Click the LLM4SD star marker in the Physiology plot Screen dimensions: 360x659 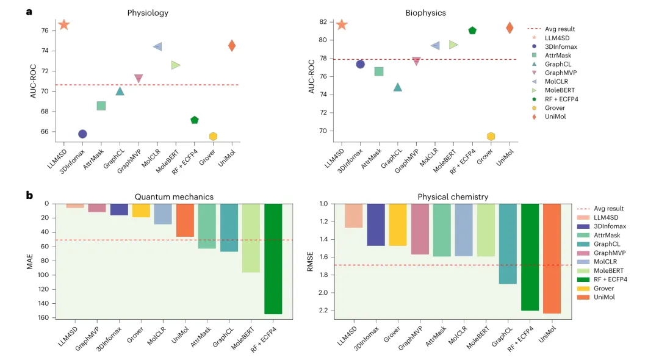click(x=64, y=24)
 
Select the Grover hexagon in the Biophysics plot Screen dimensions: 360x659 click(x=491, y=136)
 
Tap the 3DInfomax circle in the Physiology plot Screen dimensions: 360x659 click(x=82, y=134)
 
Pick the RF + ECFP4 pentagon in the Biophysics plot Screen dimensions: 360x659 click(x=472, y=31)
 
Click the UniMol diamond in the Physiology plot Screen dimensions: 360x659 click(x=232, y=45)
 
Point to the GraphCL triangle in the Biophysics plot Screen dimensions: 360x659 click(x=398, y=87)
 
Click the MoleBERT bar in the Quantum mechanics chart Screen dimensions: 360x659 click(x=251, y=238)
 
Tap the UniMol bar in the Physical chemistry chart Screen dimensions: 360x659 click(x=552, y=259)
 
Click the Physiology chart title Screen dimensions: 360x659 click(x=148, y=12)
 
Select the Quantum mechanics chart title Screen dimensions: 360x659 click(x=174, y=196)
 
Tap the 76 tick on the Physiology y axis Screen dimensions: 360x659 click(x=45, y=31)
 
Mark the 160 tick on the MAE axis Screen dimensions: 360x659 click(x=43, y=318)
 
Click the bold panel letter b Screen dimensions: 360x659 click(x=29, y=196)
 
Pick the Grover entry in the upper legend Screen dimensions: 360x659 click(x=552, y=107)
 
